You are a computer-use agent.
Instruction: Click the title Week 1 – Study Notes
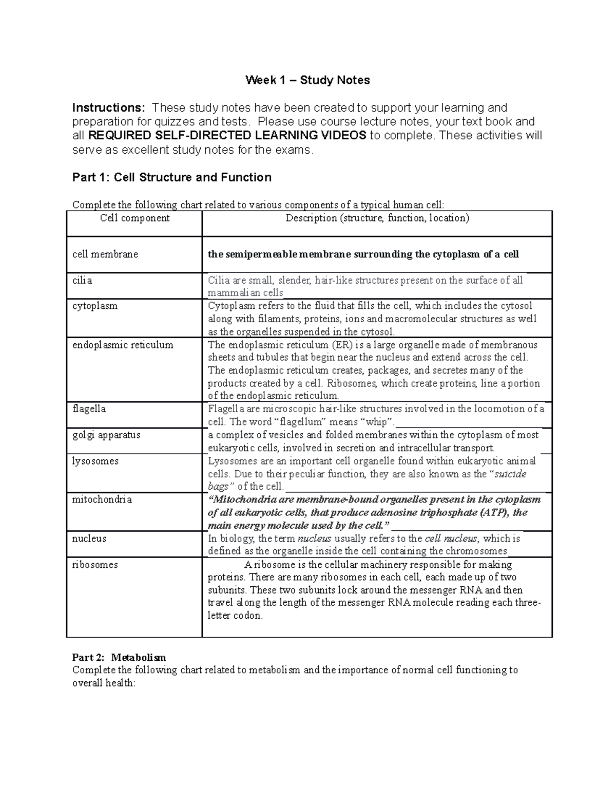coord(307,80)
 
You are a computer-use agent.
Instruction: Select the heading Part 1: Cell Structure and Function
coord(172,178)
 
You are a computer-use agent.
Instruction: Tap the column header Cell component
coord(134,218)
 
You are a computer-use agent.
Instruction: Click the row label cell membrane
coord(105,254)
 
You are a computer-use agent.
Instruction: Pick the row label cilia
coord(83,281)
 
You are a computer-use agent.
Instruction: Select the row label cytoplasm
coord(95,306)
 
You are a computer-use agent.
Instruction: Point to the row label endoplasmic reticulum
coord(123,345)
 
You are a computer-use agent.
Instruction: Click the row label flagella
coord(89,409)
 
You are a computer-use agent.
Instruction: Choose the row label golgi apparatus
coord(106,435)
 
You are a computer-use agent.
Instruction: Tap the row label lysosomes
coord(95,461)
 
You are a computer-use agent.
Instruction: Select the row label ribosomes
coord(95,565)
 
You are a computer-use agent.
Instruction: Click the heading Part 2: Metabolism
coord(119,657)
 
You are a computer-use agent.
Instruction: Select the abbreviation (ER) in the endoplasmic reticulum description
coord(340,345)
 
